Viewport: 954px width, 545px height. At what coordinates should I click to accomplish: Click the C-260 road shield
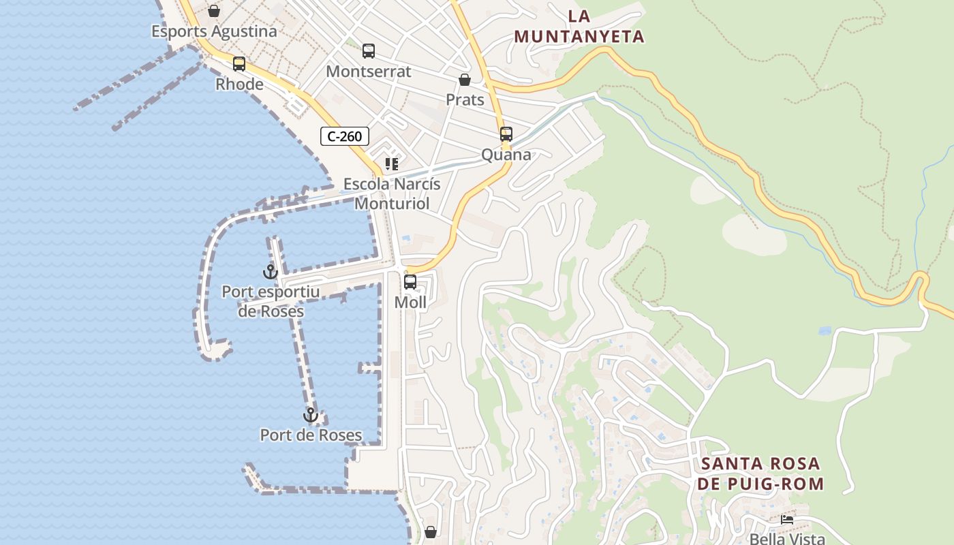345,136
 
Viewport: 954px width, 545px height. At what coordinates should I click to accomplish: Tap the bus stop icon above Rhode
239,64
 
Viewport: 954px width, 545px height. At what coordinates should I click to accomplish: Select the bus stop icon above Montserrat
369,51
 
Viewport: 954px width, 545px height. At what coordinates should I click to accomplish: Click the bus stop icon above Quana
506,134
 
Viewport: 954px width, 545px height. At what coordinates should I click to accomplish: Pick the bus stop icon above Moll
410,282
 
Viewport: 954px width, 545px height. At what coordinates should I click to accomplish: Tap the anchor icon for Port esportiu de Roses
271,272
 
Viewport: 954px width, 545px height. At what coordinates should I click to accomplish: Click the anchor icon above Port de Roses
311,415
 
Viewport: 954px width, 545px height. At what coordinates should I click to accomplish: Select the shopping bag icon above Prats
465,80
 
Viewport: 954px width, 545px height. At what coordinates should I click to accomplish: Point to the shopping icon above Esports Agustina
214,11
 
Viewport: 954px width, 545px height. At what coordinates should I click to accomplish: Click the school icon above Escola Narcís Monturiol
392,164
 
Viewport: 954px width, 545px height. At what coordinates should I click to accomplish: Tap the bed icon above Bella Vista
787,520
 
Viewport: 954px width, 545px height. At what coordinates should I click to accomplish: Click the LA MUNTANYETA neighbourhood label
579,27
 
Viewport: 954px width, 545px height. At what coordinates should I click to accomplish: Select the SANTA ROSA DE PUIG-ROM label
760,474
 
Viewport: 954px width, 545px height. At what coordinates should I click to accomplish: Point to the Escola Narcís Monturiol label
392,194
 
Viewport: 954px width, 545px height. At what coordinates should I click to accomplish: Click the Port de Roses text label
311,435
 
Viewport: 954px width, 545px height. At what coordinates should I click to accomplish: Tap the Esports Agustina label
214,31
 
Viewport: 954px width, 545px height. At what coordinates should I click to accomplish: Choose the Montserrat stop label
369,72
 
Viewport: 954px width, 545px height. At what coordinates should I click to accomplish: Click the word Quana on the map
506,155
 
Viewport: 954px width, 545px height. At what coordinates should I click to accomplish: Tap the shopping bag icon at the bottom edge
431,531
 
